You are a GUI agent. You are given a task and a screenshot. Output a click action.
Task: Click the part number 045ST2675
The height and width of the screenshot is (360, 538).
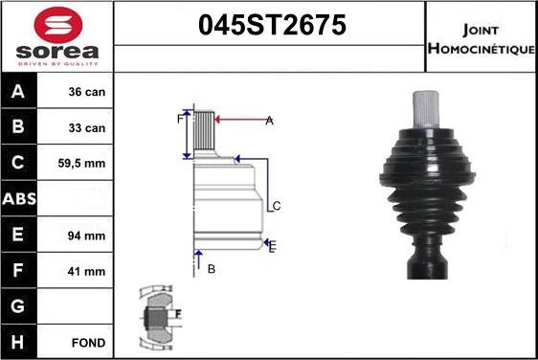[270, 26]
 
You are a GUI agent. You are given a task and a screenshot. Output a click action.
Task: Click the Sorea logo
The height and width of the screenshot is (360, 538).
[57, 35]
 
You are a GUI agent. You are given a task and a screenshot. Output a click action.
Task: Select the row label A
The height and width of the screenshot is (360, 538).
[19, 92]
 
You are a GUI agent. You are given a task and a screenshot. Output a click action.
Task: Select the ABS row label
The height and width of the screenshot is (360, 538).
[19, 199]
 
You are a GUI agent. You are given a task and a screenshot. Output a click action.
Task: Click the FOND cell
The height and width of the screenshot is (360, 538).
[87, 342]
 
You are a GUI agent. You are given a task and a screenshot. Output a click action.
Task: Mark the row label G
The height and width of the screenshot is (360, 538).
[19, 306]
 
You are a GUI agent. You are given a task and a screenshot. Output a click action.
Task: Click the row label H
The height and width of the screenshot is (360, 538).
[19, 342]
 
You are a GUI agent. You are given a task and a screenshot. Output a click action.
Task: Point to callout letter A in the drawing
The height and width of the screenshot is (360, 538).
[269, 120]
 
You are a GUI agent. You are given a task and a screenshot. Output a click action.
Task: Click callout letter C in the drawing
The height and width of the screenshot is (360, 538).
[276, 206]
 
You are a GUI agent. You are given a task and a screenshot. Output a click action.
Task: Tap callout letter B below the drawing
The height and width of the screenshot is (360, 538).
[211, 269]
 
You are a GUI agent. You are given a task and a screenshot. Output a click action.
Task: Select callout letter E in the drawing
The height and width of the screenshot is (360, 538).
[273, 247]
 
